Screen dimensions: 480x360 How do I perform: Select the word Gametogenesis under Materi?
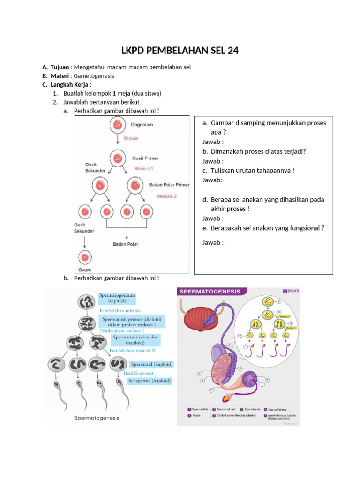(x=94, y=76)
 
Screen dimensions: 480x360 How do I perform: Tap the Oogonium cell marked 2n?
(x=117, y=125)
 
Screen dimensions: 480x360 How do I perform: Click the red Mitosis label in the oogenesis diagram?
(x=131, y=139)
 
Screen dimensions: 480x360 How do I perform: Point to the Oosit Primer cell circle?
(x=117, y=158)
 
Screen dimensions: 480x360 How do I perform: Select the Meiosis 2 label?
(x=167, y=196)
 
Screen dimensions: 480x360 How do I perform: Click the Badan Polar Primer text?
(x=169, y=185)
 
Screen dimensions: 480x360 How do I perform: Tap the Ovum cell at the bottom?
(x=85, y=257)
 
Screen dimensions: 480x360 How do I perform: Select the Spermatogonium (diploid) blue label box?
(x=117, y=299)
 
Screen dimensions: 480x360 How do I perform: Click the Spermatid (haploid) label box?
(x=151, y=364)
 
